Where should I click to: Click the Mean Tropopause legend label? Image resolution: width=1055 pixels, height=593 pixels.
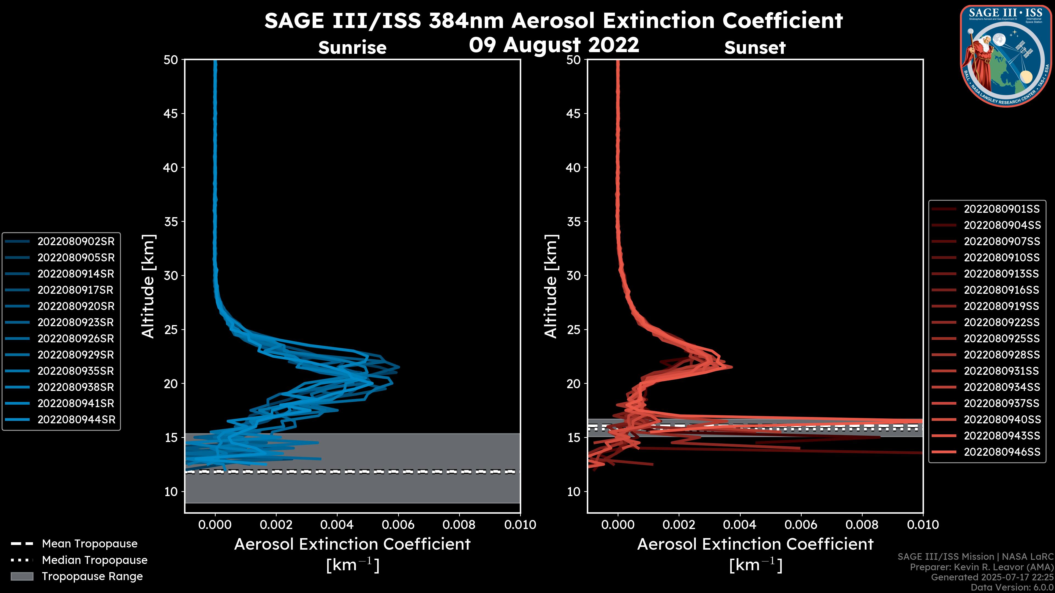[x=90, y=544]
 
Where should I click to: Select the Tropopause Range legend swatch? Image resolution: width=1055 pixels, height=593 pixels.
[x=22, y=576]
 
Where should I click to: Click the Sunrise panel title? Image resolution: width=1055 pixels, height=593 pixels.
[x=352, y=47]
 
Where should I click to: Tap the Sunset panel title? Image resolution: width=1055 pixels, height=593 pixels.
[x=755, y=47]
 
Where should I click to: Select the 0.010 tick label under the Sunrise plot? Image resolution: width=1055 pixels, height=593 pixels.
[x=520, y=525]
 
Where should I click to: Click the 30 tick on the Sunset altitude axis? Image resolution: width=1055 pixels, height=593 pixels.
[x=573, y=275]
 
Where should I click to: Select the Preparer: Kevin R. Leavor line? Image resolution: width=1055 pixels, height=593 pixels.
[x=981, y=567]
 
